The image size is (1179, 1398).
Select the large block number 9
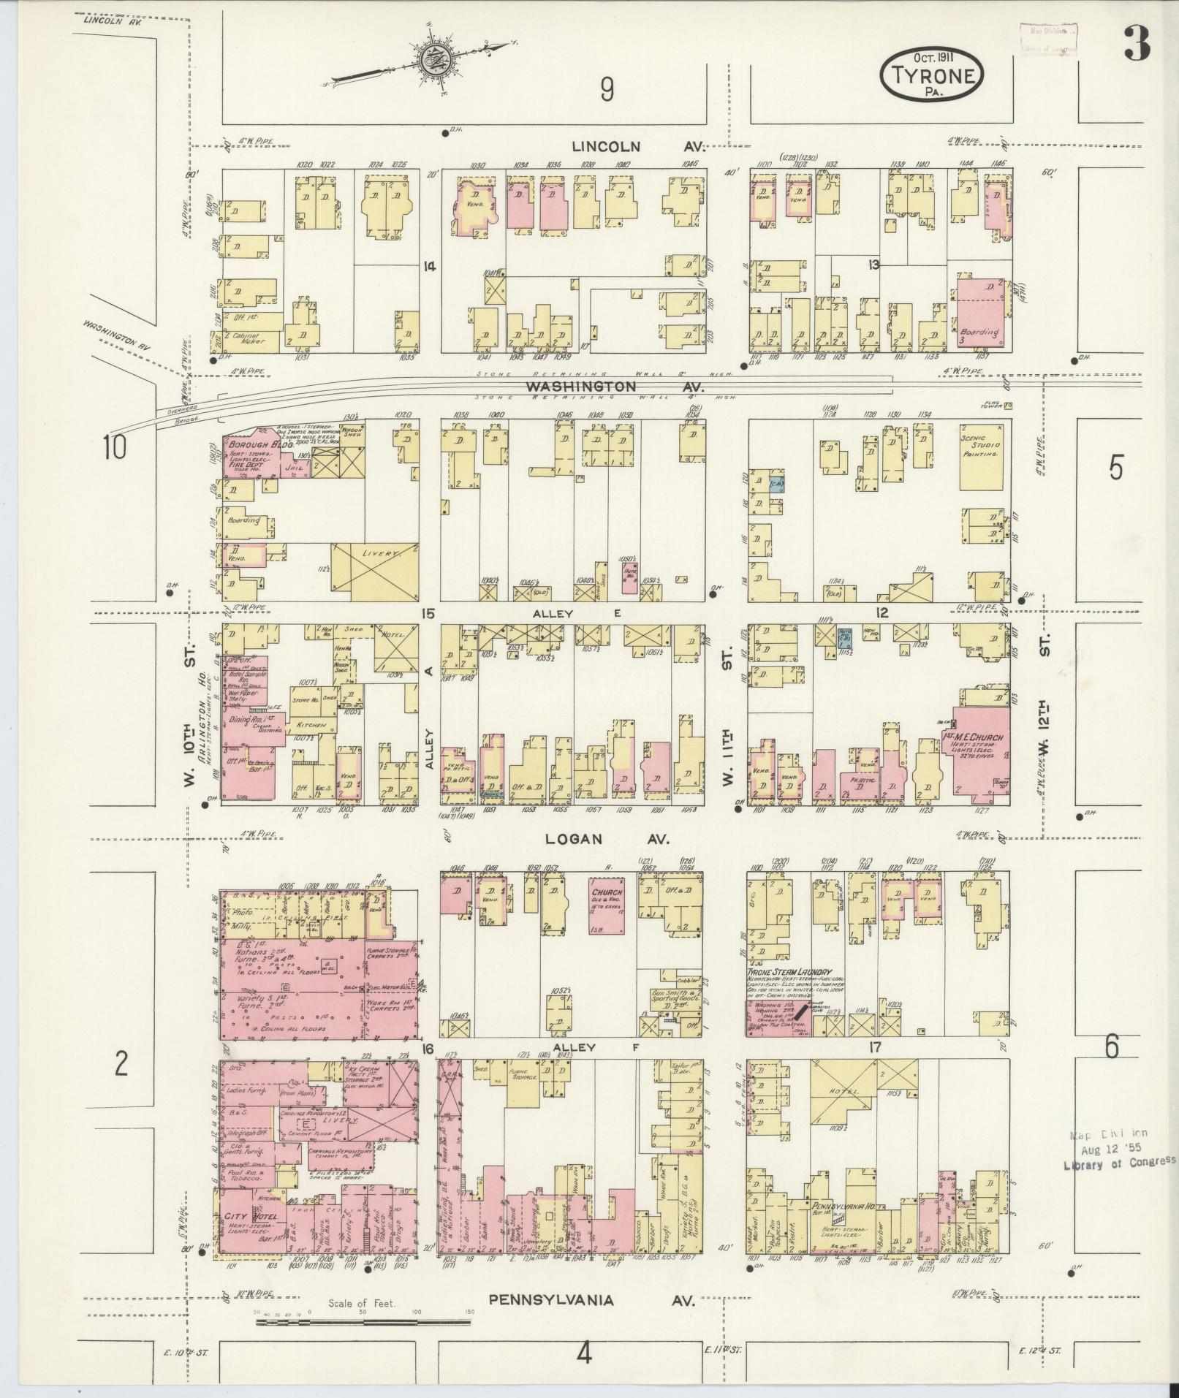click(607, 90)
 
